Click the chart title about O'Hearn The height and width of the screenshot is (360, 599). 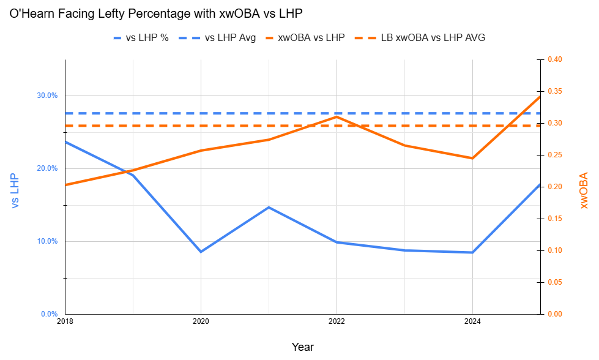[x=156, y=13]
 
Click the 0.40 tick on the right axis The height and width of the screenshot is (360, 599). [x=555, y=59]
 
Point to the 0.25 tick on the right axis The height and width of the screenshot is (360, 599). [x=555, y=155]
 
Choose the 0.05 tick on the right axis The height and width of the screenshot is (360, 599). [x=555, y=282]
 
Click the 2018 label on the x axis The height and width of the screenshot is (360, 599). [x=65, y=321]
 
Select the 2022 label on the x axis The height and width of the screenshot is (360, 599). [x=337, y=321]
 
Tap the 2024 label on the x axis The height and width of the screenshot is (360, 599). [x=472, y=321]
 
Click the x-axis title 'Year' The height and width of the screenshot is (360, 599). [x=302, y=347]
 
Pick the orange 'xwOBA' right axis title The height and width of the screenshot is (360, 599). [x=584, y=190]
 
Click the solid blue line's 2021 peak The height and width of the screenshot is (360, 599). [x=269, y=207]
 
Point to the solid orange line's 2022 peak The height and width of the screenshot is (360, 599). [x=337, y=116]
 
